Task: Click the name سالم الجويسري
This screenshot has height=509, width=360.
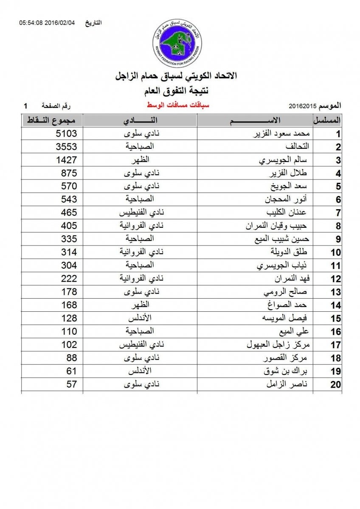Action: coord(284,160)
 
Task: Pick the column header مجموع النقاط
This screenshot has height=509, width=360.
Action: coord(52,120)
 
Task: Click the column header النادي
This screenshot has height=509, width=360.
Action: coord(140,120)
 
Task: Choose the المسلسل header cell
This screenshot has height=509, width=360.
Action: coord(327,120)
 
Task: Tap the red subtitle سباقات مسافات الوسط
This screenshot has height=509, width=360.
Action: coord(178,105)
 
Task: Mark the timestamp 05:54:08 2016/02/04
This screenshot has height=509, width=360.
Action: coord(47,22)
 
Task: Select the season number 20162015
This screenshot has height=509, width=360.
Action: coord(302,105)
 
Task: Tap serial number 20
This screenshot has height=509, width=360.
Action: coord(336,385)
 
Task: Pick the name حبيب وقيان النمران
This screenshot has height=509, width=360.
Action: coord(278,226)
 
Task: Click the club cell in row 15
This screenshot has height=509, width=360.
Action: coord(140,318)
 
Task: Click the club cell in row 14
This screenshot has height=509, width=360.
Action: coord(140,305)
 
